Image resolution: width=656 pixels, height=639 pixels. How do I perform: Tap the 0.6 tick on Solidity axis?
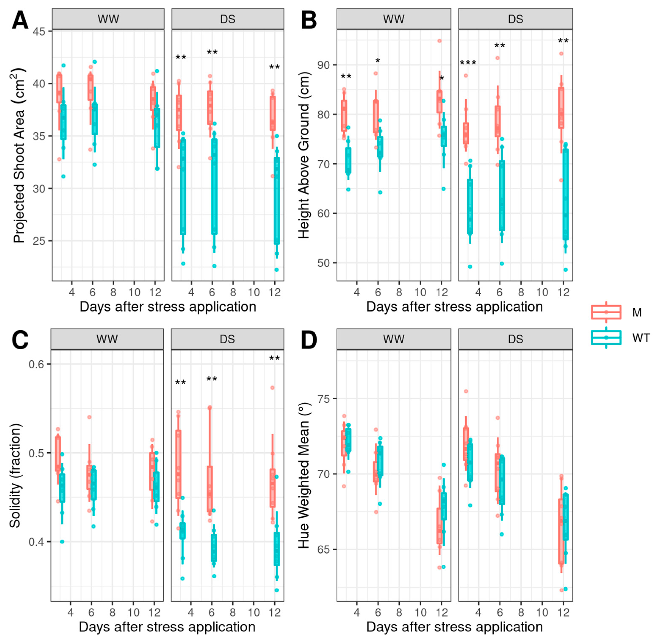[x=37, y=364]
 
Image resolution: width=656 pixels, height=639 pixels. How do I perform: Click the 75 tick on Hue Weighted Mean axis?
[x=324, y=399]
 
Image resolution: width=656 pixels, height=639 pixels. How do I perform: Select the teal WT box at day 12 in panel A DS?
[x=277, y=201]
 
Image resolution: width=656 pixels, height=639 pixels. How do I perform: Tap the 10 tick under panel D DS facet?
[x=542, y=613]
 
